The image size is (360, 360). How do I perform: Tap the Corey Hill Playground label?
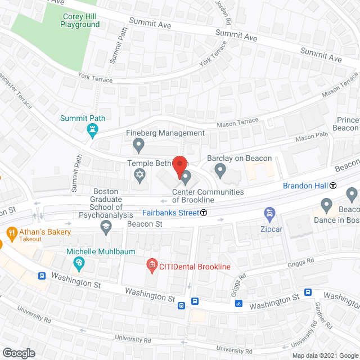pos(80,21)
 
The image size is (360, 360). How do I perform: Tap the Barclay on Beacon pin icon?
pos(220,169)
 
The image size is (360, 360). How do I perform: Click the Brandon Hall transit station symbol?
pos(333,186)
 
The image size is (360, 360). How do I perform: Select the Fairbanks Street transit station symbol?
pos(204,213)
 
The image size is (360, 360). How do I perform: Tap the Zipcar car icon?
pos(269,214)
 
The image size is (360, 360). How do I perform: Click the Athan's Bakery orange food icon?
pos(11,232)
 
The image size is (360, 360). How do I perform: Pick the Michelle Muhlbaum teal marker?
pos(79,263)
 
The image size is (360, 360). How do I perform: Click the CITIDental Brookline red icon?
pos(151,264)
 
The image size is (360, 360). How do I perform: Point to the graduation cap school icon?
pos(105,227)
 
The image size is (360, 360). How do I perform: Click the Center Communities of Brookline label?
pos(208,196)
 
